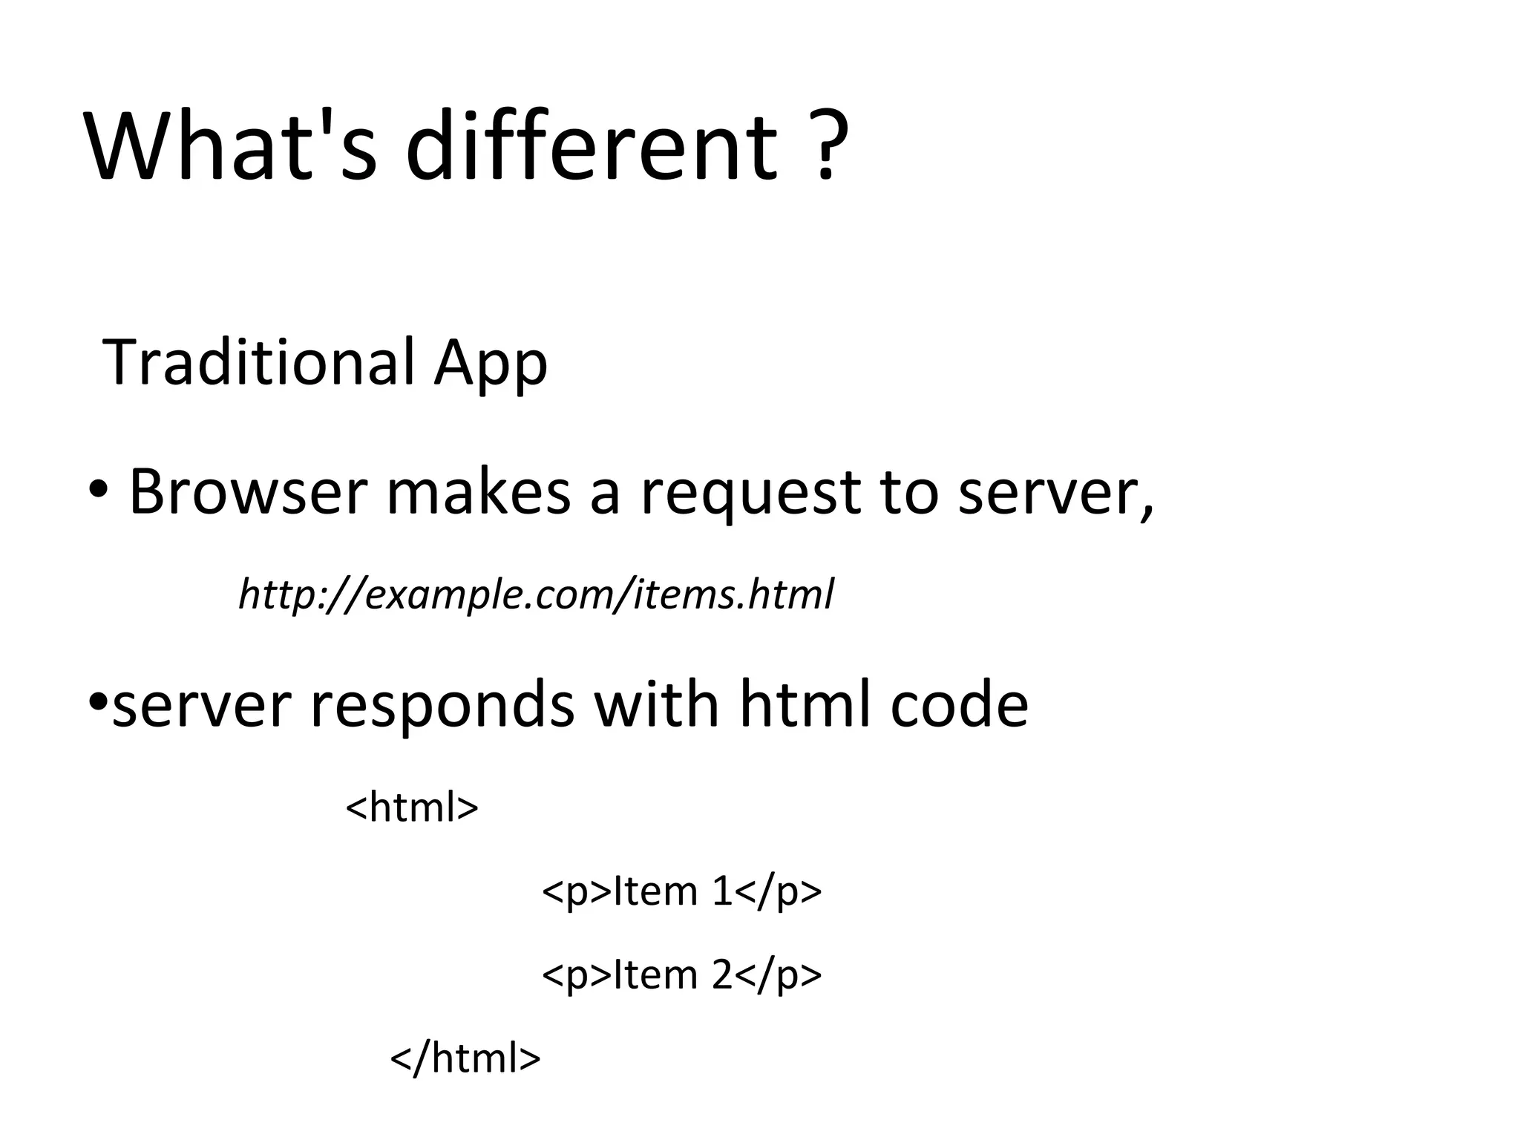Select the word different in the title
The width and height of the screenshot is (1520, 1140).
click(x=592, y=146)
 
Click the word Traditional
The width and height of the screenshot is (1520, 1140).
click(x=259, y=363)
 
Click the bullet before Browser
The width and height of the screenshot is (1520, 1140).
click(x=97, y=491)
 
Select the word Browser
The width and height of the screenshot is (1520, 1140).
click(x=249, y=492)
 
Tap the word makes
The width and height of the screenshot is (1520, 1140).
click(x=479, y=492)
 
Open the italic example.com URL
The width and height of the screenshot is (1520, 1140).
click(x=536, y=594)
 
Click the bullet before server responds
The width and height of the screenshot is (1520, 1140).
click(x=96, y=702)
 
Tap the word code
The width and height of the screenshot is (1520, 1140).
click(x=959, y=705)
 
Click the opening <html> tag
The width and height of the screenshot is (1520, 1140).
click(x=412, y=807)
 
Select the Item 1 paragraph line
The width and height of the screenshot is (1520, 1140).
click(x=681, y=891)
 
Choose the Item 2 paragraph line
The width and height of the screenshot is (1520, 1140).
click(x=681, y=974)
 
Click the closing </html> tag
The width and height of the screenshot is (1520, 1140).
click(x=465, y=1058)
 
